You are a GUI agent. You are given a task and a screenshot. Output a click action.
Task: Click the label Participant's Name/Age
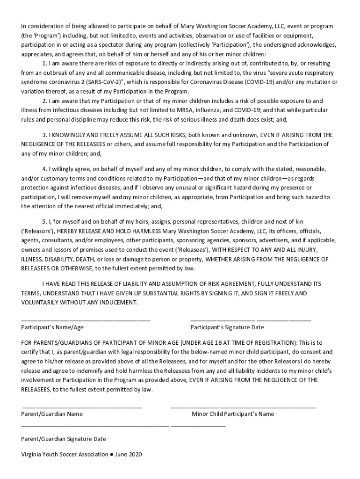click(x=52, y=327)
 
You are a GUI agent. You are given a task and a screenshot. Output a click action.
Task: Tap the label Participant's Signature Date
click(x=227, y=327)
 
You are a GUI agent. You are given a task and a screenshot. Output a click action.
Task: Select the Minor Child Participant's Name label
click(x=233, y=414)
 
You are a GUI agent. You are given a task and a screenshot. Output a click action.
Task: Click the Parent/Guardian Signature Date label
click(x=64, y=439)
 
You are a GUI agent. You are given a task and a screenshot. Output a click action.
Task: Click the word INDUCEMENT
click(x=121, y=303)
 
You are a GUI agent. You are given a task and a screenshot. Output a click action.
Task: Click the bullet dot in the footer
click(x=111, y=454)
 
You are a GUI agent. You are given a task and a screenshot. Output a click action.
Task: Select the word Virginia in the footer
click(x=31, y=454)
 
